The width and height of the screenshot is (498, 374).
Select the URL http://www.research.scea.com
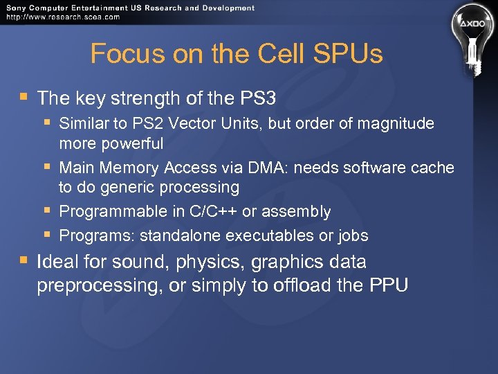point(62,17)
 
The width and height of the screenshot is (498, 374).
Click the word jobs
point(353,235)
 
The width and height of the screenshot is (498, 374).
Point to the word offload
point(308,285)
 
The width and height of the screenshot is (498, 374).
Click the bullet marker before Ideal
point(24,262)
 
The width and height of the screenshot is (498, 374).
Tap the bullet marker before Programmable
point(47,210)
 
